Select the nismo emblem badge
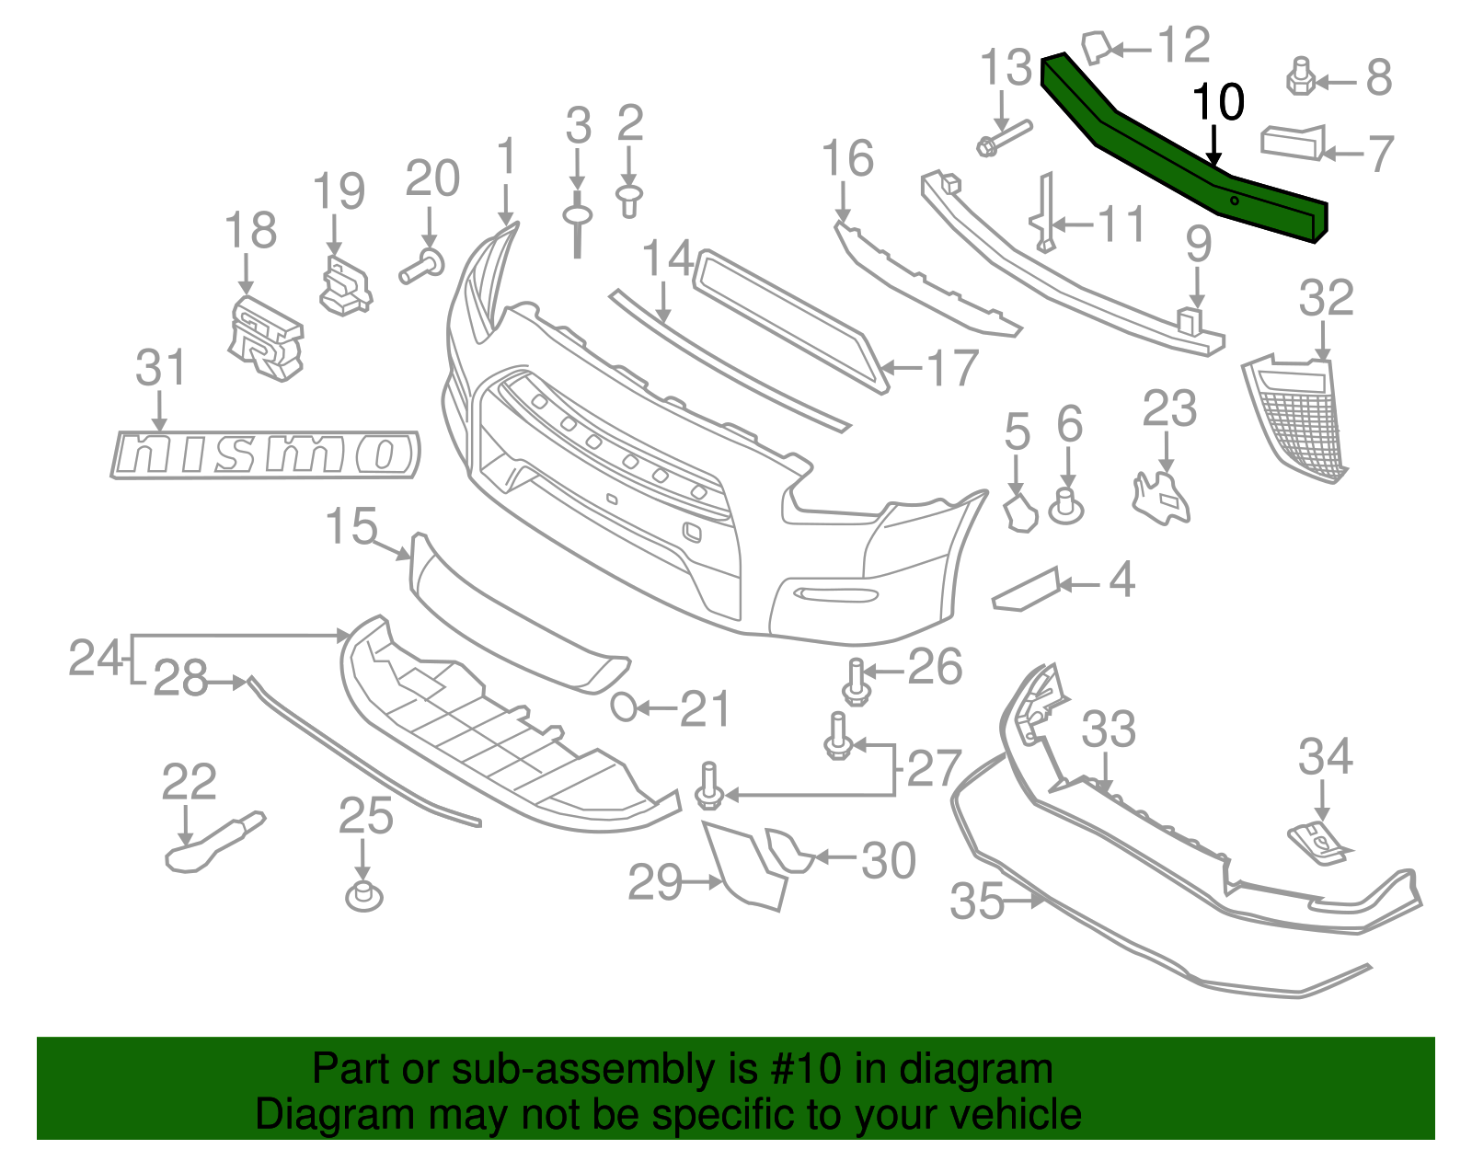pyautogui.click(x=265, y=454)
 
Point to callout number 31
pyautogui.click(x=161, y=368)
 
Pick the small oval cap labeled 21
pyautogui.click(x=624, y=707)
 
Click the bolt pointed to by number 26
pyautogui.click(x=857, y=683)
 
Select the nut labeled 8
pyautogui.click(x=1300, y=77)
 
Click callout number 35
pyautogui.click(x=976, y=902)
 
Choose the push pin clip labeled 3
pyautogui.click(x=577, y=222)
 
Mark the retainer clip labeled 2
pyautogui.click(x=629, y=199)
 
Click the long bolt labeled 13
pyautogui.click(x=1003, y=138)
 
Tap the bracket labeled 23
pyautogui.click(x=1161, y=498)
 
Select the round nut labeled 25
pyautogui.click(x=364, y=896)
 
